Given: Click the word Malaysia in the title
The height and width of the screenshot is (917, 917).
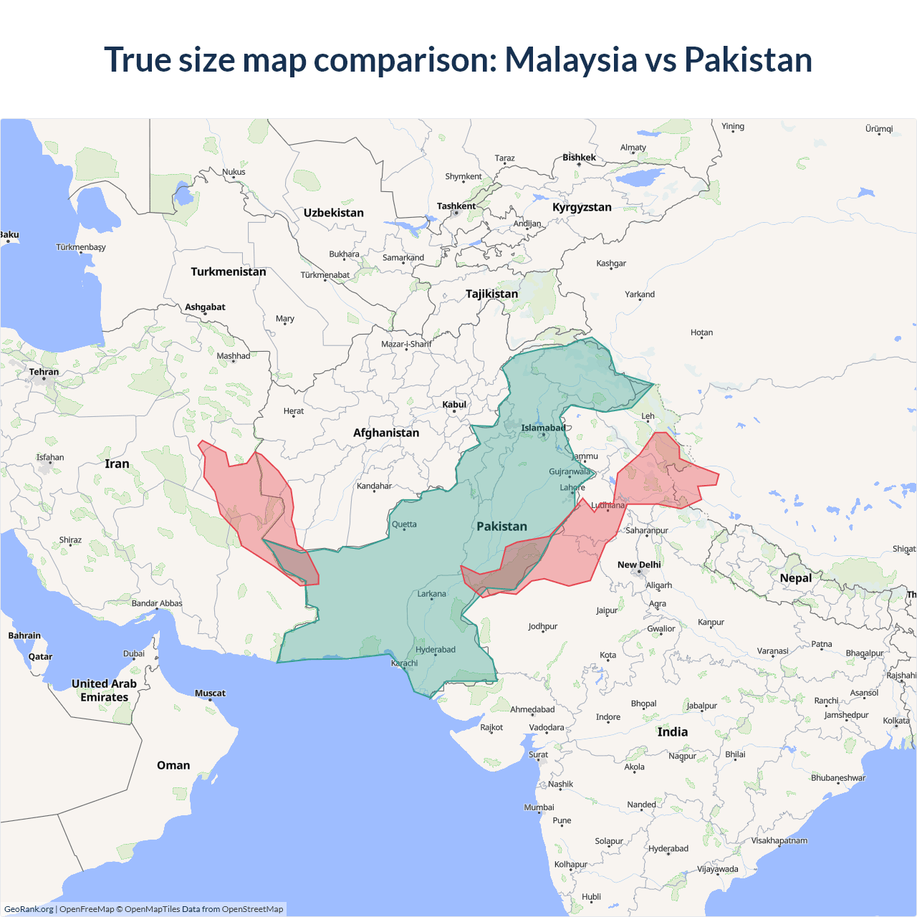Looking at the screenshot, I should coord(570,59).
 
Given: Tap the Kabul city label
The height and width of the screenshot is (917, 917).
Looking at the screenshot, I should coord(454,405).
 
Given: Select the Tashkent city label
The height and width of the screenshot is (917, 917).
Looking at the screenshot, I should coord(456,206).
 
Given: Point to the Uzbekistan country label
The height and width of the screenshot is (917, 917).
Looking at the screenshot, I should coord(333,213).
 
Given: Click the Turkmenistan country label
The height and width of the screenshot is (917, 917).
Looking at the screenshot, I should coord(228,272).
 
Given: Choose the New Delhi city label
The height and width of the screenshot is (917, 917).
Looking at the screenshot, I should coord(639,565).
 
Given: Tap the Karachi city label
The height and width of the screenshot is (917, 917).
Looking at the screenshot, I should coord(404,663).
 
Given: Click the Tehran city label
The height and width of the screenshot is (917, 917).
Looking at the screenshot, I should coord(44,372).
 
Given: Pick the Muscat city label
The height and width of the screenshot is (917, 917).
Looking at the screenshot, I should coord(210,693).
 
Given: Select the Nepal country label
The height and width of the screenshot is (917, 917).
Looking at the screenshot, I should coord(795,578).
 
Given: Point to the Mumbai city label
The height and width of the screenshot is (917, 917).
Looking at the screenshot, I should coord(539,807).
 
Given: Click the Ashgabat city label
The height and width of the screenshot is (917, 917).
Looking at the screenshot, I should coord(205,307).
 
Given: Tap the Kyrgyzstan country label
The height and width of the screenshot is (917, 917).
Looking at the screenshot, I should coord(582,207).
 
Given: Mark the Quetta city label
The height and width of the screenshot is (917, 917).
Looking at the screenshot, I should coord(404,524).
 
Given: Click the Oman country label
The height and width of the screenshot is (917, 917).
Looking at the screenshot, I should coord(173,765).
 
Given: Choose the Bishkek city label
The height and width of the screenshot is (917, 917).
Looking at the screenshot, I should coord(579,158).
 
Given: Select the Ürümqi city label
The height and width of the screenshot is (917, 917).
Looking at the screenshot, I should coord(879,129).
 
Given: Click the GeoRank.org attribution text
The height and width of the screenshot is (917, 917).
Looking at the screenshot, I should coord(29,909).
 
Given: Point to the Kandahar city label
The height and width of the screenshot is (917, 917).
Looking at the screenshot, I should coord(374,486).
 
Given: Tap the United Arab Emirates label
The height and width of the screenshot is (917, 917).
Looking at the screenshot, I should coord(104,690).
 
